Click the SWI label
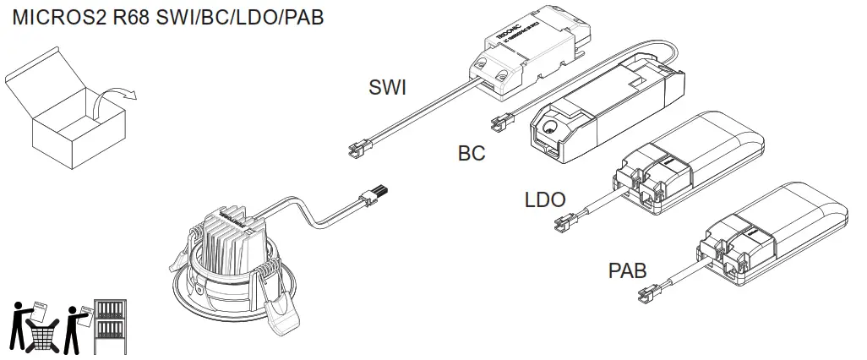[x=387, y=87]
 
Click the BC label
[x=472, y=153]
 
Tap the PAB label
[x=628, y=271]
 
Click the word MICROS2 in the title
[x=58, y=17]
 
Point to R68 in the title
[x=131, y=17]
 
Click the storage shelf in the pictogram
[x=110, y=325]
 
